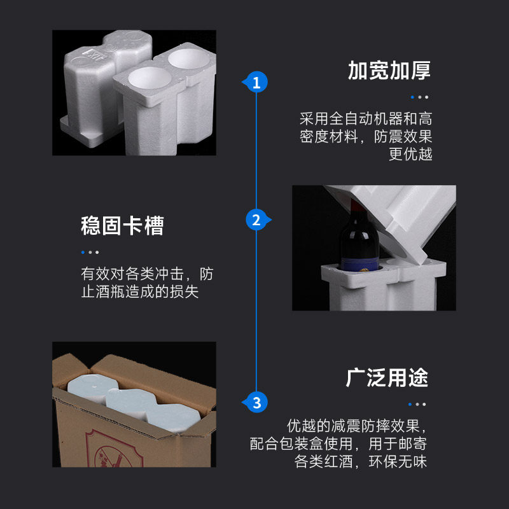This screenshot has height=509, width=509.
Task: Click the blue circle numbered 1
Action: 256,82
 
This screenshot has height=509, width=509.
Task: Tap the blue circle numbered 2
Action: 256,220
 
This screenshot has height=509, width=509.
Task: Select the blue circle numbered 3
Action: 256,402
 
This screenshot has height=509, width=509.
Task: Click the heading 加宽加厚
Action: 389,71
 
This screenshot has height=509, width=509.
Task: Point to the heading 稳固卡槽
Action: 122,226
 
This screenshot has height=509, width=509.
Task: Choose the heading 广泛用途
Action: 387,377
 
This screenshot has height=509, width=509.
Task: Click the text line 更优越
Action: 410,155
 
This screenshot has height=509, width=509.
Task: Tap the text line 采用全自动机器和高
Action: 366,119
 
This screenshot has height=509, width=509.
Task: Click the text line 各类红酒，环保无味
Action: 361,462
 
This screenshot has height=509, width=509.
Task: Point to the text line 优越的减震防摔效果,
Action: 356,425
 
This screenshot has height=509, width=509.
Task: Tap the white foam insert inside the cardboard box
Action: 134,404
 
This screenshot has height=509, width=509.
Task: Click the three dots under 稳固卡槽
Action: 90,252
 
